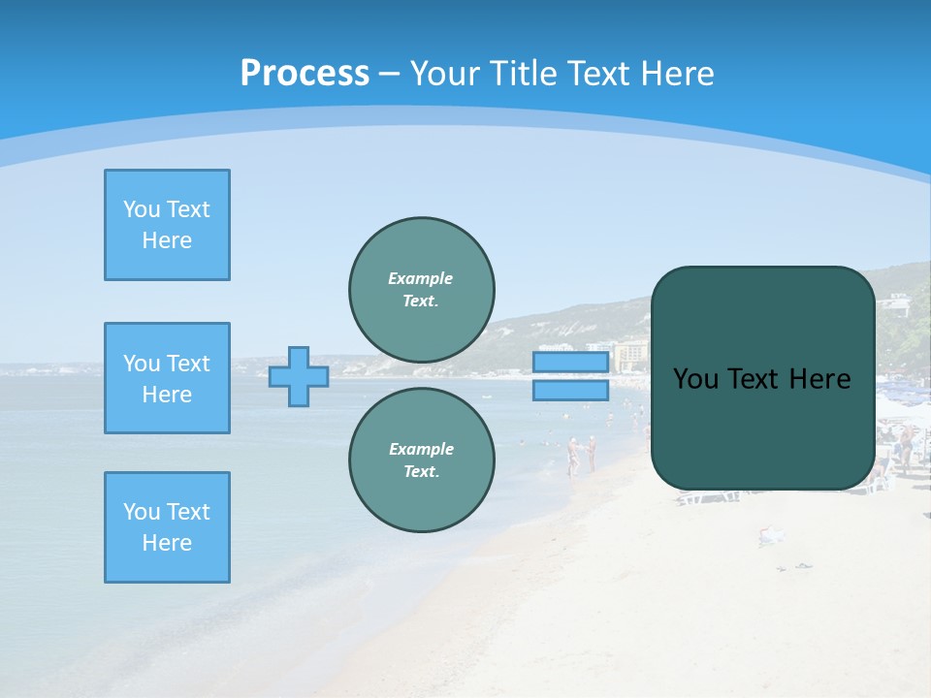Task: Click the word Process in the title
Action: (305, 74)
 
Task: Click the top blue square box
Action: (167, 225)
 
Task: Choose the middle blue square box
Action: (167, 378)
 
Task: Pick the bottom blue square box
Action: (167, 527)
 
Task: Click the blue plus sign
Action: (299, 376)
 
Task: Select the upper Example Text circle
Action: (422, 289)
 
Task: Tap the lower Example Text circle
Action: (422, 460)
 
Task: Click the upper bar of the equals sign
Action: (570, 363)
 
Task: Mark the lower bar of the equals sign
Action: (570, 390)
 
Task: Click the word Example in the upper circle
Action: (421, 278)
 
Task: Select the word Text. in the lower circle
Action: (422, 471)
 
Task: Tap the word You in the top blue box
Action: (141, 209)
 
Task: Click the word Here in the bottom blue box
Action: (167, 543)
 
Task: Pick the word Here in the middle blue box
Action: (167, 395)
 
